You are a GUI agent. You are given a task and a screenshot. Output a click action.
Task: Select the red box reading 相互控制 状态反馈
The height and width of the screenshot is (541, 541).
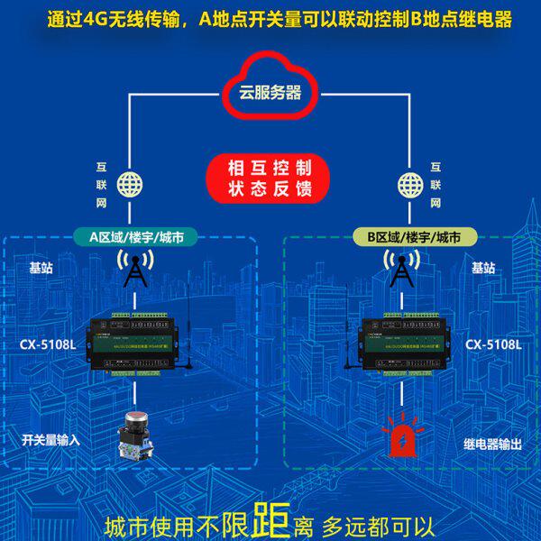270,179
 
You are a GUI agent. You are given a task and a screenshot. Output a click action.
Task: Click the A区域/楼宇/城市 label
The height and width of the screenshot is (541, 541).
133,237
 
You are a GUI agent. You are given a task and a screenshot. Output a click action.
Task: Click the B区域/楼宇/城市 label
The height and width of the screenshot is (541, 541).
408,237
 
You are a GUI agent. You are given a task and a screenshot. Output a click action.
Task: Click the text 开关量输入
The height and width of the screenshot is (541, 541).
50,440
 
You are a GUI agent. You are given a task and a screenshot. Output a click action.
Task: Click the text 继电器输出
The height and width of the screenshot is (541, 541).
492,443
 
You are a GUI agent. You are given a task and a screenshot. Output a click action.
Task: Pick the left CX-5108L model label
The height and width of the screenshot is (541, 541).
48,344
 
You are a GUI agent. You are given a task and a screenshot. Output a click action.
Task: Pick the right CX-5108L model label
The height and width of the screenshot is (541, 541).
493,344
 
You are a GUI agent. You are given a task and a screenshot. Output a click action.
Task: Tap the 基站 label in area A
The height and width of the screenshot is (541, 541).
41,268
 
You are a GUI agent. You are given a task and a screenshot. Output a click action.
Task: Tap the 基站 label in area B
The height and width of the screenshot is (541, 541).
483,268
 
